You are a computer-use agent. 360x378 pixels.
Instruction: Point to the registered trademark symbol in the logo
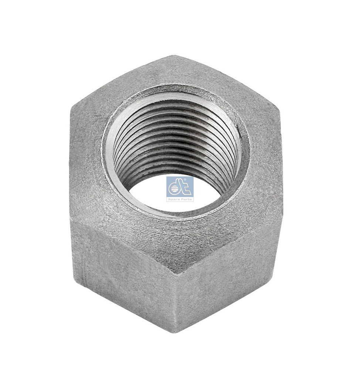pos(191,180)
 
